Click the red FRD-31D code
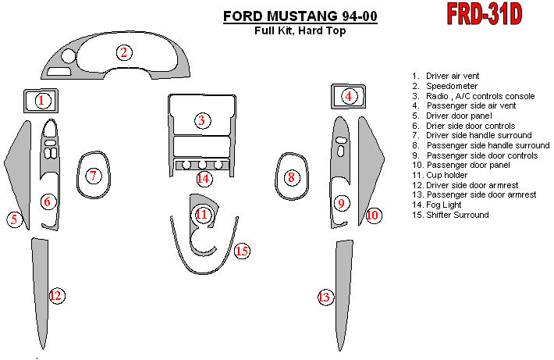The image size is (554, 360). pos(485,14)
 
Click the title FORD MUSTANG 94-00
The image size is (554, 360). pos(300,16)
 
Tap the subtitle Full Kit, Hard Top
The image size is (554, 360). pos(300,30)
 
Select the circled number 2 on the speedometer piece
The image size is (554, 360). pos(124,52)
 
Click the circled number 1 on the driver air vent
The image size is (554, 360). pos(42,101)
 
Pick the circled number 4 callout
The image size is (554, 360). pos(349,96)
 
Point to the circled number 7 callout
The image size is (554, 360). pos(94,176)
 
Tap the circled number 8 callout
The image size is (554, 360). pos(292,177)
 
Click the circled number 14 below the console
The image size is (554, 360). pos(204,179)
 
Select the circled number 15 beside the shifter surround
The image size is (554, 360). pos(242,251)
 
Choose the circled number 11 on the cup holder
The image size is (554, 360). pos(202,214)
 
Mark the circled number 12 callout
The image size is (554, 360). pos(56,296)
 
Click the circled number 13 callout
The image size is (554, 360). pos(325,297)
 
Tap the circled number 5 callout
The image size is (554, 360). pos(15,219)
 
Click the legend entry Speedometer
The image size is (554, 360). pos(452,86)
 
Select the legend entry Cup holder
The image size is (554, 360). pos(446,175)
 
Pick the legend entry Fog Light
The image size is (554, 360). pos(444,205)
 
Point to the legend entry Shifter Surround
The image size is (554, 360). pos(457,215)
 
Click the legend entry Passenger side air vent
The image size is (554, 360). pos(471,105)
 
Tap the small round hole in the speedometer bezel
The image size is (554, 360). pos(68,56)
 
